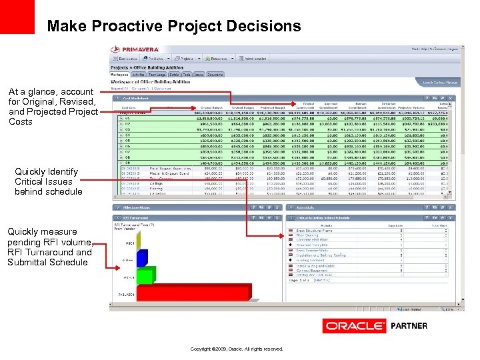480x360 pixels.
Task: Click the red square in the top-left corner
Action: pos(17,16)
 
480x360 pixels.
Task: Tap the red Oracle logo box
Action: pos(353,326)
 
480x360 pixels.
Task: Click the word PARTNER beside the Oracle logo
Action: pos(409,326)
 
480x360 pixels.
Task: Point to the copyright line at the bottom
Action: pos(237,349)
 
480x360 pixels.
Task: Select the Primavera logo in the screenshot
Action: pos(136,49)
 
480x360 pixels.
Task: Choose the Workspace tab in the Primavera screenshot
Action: pos(120,75)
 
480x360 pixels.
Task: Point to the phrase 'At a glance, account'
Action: pos(51,91)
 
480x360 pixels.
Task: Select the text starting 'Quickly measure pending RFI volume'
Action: pos(50,247)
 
